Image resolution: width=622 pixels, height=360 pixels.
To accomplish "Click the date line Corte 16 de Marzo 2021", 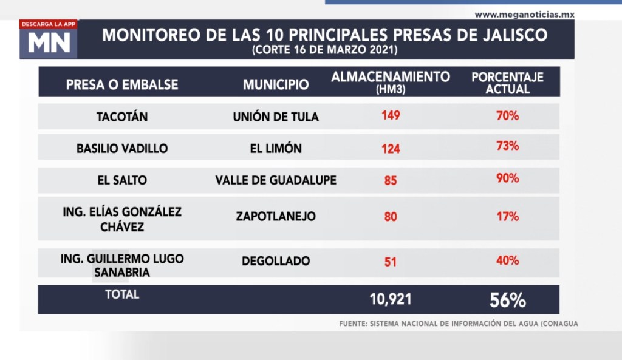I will tap(324, 50).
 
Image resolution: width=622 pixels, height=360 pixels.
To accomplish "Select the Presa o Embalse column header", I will tap(122, 85).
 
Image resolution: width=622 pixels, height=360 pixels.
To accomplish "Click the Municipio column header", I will tap(276, 85).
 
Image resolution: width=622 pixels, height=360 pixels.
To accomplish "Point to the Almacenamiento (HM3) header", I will tap(391, 81).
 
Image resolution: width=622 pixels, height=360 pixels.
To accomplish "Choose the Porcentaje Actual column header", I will tap(507, 83).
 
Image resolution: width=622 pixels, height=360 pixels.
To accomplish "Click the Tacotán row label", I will tap(122, 117).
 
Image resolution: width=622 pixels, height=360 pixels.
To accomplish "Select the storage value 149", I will tap(391, 115).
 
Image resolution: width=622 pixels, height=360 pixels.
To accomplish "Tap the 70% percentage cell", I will tap(507, 115).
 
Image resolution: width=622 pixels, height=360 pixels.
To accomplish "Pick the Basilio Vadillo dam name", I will tap(122, 148).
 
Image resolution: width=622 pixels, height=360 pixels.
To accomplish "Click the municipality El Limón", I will tap(276, 148).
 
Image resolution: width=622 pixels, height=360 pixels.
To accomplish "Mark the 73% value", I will tap(507, 147).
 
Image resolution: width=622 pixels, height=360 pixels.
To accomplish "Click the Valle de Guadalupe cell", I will tap(276, 180).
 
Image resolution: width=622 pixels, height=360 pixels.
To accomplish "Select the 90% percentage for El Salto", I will tap(507, 179).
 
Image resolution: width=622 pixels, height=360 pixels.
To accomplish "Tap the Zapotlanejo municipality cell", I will tap(276, 216).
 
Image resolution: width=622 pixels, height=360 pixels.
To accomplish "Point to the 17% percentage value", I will tap(507, 216).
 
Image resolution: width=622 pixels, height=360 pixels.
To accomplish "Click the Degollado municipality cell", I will tap(276, 261).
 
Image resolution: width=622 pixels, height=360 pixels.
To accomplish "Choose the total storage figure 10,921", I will tap(391, 299).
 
